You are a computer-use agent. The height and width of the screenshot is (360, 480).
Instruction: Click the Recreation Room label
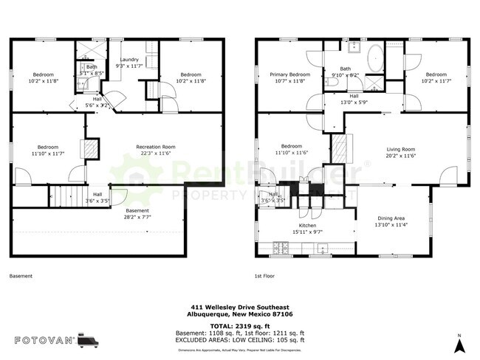coord(155,147)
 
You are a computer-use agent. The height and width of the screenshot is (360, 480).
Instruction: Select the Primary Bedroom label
coord(289,75)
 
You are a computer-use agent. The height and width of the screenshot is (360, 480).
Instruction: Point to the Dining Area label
coord(390,218)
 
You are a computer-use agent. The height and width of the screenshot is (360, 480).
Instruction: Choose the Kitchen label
coord(307,225)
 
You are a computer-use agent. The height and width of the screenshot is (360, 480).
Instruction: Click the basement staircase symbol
coord(64,197)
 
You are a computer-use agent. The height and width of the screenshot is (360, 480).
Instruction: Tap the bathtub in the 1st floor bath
coord(374,58)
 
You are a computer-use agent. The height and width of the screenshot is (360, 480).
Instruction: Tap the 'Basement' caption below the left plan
coord(21,277)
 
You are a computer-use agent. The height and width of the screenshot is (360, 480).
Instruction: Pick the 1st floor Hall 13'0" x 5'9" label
coord(354,100)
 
